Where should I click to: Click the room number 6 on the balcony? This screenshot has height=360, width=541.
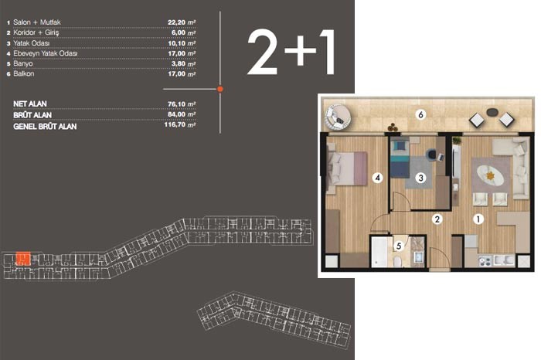tap(420, 114)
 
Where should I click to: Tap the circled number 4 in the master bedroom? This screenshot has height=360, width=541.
tap(378, 178)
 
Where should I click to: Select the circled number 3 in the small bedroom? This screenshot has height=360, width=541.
tap(420, 178)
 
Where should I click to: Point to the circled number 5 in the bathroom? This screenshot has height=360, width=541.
tap(399, 246)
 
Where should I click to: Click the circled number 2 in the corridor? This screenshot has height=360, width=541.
tap(437, 219)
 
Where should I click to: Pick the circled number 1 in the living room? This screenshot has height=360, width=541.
tap(478, 219)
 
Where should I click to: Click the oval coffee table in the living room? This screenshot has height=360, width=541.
tap(490, 176)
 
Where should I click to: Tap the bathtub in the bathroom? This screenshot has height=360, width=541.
tap(379, 251)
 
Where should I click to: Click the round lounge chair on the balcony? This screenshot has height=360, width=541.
tap(337, 117)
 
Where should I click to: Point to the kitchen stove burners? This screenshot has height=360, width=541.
tap(485, 261)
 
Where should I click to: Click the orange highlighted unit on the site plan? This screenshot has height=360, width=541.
tap(23, 259)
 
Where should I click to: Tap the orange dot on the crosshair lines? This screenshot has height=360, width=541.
tap(220, 89)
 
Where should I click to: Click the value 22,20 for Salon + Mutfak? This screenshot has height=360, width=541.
tap(176, 22)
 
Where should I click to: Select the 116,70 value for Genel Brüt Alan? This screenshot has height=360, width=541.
tap(175, 124)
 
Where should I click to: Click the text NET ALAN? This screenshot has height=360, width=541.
tap(30, 104)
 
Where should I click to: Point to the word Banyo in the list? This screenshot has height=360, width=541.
tap(23, 64)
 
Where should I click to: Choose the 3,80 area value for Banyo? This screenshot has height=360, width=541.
tap(179, 64)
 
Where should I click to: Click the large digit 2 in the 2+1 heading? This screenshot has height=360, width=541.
tap(263, 52)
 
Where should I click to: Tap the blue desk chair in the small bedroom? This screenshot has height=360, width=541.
tap(431, 154)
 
